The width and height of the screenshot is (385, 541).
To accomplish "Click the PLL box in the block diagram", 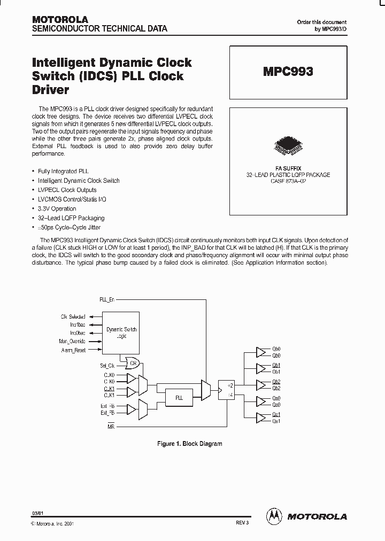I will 180,398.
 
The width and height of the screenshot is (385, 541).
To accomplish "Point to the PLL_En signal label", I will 107,300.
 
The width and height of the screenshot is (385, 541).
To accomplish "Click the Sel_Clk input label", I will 107,366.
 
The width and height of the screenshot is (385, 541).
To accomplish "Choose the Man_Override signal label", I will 72,341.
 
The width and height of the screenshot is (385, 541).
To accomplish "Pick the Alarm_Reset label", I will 73,350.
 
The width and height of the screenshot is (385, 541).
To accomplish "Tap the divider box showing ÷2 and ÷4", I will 227,390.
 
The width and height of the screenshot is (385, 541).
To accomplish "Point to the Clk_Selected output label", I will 73,316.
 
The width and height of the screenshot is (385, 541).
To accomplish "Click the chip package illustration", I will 288,144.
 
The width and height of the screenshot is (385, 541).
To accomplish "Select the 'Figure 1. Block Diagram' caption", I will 189,444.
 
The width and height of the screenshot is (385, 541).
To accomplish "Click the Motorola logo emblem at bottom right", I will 274,516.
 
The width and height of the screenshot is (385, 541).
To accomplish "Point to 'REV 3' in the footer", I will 242,522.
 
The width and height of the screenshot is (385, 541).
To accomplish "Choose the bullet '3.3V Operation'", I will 57,208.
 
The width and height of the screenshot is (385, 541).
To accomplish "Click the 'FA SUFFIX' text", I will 288,168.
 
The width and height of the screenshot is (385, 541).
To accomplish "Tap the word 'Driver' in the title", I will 51,90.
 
